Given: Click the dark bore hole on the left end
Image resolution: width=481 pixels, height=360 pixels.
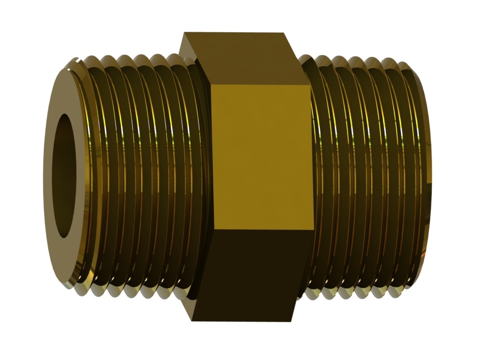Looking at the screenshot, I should pos(66,176).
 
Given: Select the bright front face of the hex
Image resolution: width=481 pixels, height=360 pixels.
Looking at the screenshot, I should pos(261,156).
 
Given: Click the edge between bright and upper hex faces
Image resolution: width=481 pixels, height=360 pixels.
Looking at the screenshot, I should pos(261,85).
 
